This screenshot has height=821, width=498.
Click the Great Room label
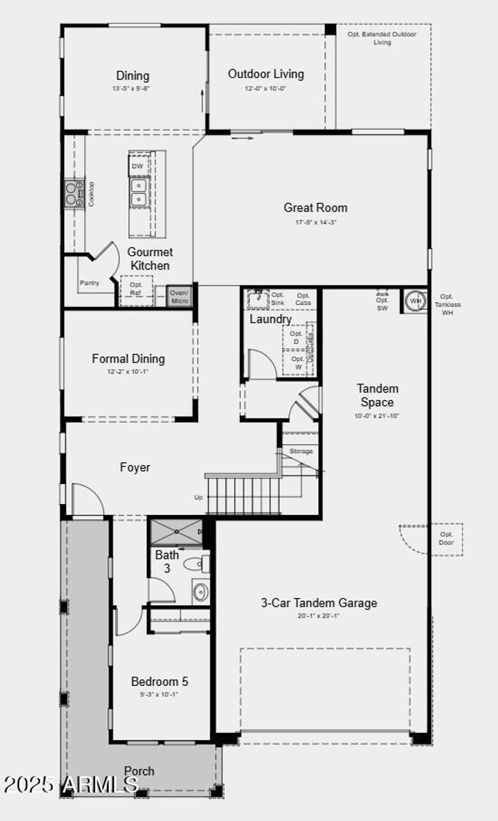point(315,208)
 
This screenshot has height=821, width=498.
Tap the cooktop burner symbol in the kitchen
point(74,193)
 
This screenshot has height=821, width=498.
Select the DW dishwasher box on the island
point(138,166)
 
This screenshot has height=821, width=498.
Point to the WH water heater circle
point(415,301)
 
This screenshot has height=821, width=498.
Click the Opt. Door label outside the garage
point(446,538)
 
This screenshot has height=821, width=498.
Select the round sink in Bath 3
point(200,592)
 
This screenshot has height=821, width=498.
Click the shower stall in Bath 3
point(176,532)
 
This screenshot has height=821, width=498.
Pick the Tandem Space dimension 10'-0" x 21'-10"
point(377,416)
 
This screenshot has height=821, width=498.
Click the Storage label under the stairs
point(301,451)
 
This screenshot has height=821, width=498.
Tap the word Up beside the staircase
point(198,497)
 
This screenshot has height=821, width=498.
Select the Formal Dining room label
point(128,359)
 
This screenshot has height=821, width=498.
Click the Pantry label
point(89,283)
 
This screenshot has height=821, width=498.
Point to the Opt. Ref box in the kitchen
point(136,289)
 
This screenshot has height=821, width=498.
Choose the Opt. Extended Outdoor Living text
point(382,38)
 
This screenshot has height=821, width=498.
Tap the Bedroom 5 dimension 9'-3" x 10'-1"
point(160,694)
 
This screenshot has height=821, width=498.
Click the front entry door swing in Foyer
point(88,499)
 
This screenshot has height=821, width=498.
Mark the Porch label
point(139,771)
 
